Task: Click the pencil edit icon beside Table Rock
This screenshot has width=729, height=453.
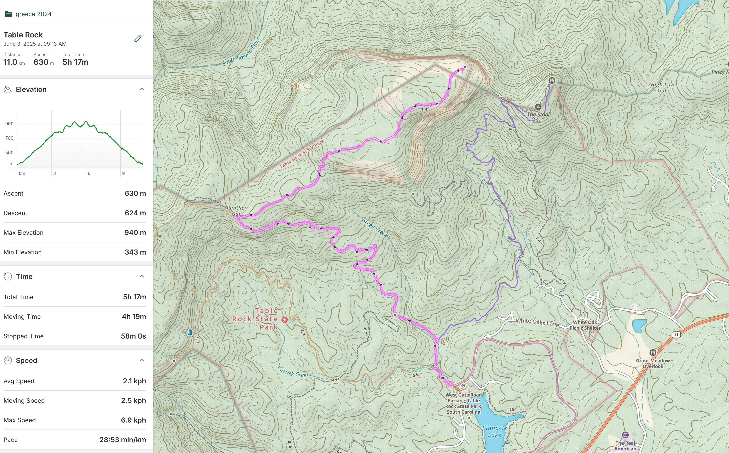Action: coord(138,38)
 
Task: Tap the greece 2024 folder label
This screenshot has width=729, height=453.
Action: coord(33,14)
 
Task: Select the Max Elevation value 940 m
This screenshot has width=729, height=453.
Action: coord(135,233)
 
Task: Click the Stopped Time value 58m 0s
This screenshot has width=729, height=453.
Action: coord(133,336)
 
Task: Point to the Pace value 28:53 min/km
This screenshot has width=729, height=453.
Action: coord(123,440)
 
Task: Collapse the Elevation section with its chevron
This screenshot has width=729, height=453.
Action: coord(142,89)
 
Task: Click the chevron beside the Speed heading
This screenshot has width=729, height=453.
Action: coord(142,360)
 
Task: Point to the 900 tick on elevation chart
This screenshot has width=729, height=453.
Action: coord(9,124)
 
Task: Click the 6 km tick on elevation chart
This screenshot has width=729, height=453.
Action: coord(89,173)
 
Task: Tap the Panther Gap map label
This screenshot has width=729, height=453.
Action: coord(237,211)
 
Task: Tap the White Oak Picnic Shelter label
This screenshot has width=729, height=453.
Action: coord(585,325)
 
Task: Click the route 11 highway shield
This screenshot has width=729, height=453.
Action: coord(676,335)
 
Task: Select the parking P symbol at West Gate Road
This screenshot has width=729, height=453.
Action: coord(463,387)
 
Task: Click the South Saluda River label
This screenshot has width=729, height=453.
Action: coord(241,52)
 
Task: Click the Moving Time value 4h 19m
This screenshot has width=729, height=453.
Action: coord(134,317)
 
